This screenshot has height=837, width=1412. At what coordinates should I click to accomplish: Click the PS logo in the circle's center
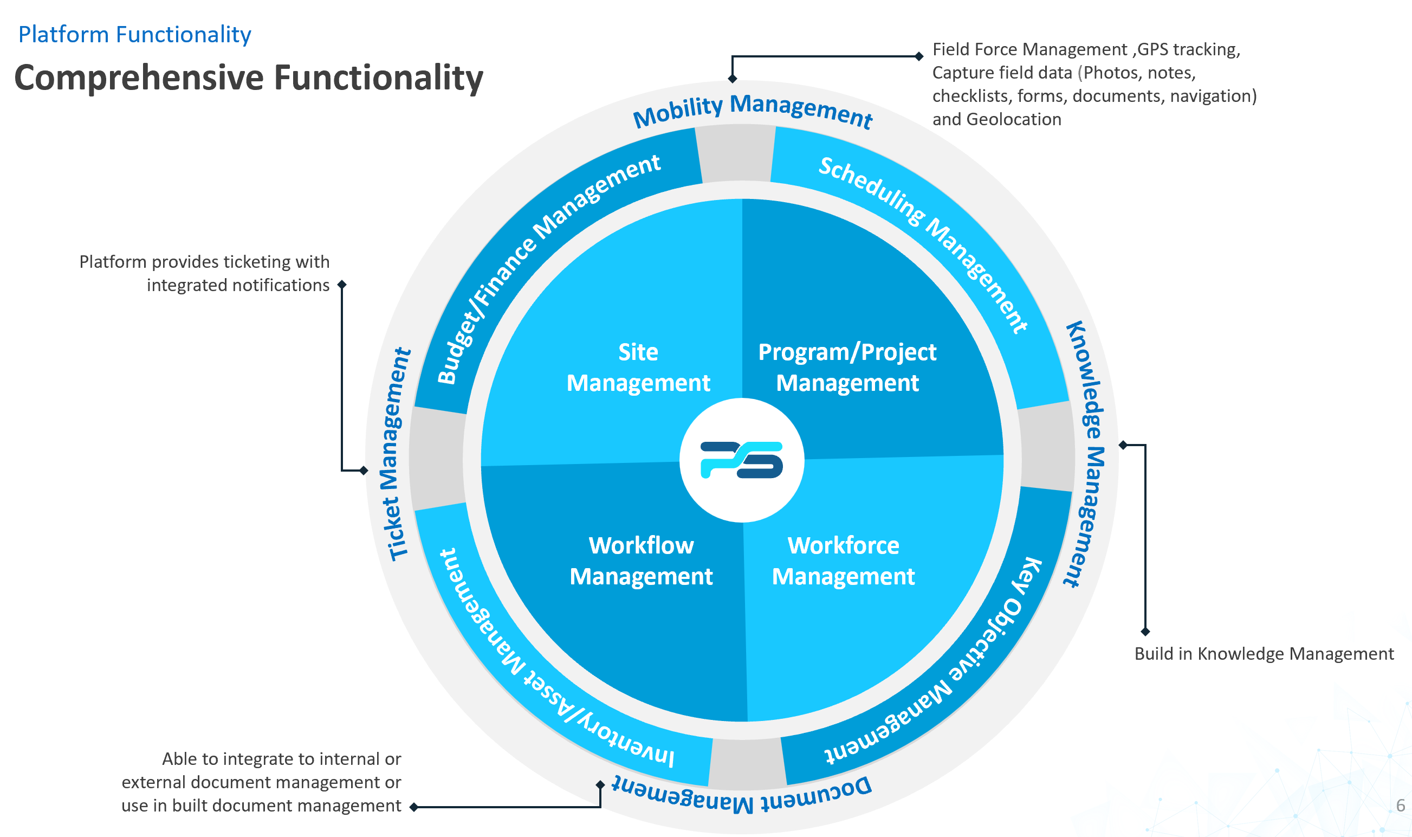click(x=741, y=460)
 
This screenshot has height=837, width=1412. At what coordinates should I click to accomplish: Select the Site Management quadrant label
click(x=638, y=367)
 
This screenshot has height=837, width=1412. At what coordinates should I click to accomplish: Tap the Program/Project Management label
click(x=847, y=367)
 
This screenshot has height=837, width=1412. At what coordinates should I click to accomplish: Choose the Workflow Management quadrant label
click(x=641, y=561)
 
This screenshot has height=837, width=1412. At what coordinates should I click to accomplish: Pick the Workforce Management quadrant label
click(x=843, y=561)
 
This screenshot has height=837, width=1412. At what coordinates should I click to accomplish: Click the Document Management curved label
click(x=742, y=795)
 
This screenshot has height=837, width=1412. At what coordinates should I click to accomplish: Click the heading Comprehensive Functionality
click(x=249, y=78)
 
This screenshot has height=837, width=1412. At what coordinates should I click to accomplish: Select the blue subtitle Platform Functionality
click(x=135, y=34)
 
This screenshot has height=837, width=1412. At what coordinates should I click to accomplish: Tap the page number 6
click(x=1400, y=805)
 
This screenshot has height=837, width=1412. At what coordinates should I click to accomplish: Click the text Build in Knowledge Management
click(x=1263, y=654)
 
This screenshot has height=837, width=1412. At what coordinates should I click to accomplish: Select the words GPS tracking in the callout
click(x=1188, y=50)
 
